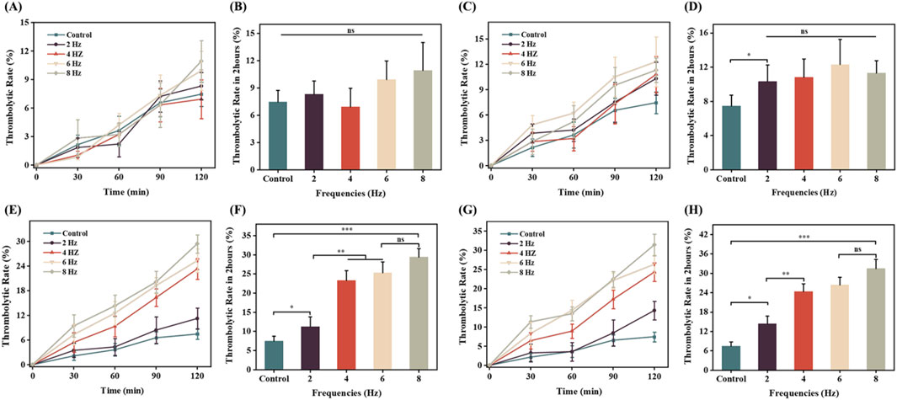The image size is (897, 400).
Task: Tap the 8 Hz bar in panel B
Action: (x=411, y=118)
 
